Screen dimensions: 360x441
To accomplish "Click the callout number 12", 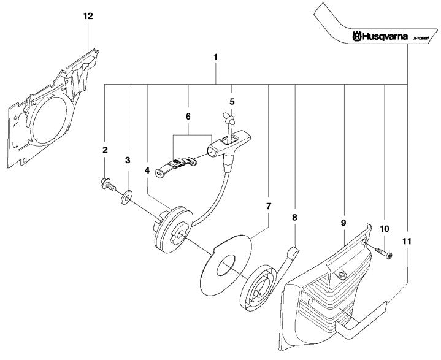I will tap(88, 17).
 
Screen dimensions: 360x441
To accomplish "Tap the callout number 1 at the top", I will tap(216, 57).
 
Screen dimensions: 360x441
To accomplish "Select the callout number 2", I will tap(105, 150).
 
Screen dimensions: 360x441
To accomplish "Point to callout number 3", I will tap(128, 160).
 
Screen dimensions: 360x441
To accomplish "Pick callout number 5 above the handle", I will tap(231, 101).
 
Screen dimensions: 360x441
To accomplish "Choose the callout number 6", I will tap(188, 115).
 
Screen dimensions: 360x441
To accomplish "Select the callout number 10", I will tap(385, 229).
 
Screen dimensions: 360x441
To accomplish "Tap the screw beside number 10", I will tap(382, 250).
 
